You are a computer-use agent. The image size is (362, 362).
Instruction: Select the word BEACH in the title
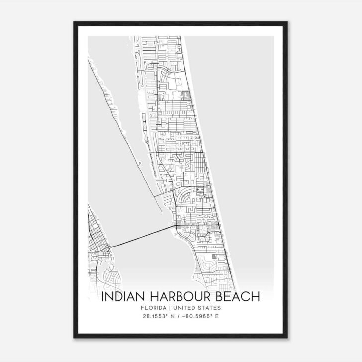point(238,297)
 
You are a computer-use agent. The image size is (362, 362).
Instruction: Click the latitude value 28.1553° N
point(158,317)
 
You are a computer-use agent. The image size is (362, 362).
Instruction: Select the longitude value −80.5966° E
point(202,317)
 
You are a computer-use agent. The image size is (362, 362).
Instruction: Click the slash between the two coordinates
point(178,317)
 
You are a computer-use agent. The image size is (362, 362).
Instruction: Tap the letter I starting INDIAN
point(103,297)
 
